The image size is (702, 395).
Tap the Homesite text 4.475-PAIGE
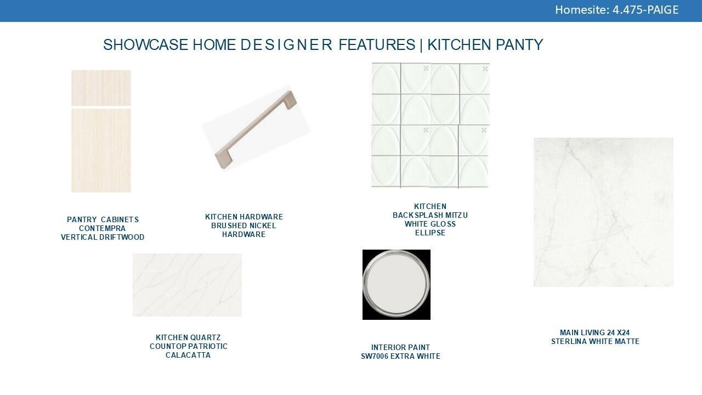(646, 10)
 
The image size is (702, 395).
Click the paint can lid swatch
(397, 285)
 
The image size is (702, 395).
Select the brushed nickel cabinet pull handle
(256, 129)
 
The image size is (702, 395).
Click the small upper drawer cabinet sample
(101, 88)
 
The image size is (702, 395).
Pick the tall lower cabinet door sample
(101, 150)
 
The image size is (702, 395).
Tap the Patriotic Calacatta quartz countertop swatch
(187, 285)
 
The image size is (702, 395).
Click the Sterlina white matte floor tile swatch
(604, 212)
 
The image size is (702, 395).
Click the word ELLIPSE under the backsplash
(431, 233)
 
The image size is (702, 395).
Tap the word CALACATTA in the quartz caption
(188, 355)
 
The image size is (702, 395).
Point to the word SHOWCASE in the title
(146, 44)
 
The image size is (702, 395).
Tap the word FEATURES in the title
(377, 44)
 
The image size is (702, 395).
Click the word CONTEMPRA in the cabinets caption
(102, 229)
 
